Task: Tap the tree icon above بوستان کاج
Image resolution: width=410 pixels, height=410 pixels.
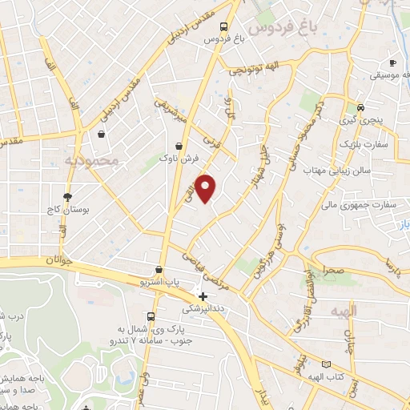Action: click(x=66, y=195)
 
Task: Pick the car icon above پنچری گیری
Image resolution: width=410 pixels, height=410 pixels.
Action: click(x=361, y=107)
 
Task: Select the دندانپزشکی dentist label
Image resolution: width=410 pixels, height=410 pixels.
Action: click(x=203, y=309)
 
